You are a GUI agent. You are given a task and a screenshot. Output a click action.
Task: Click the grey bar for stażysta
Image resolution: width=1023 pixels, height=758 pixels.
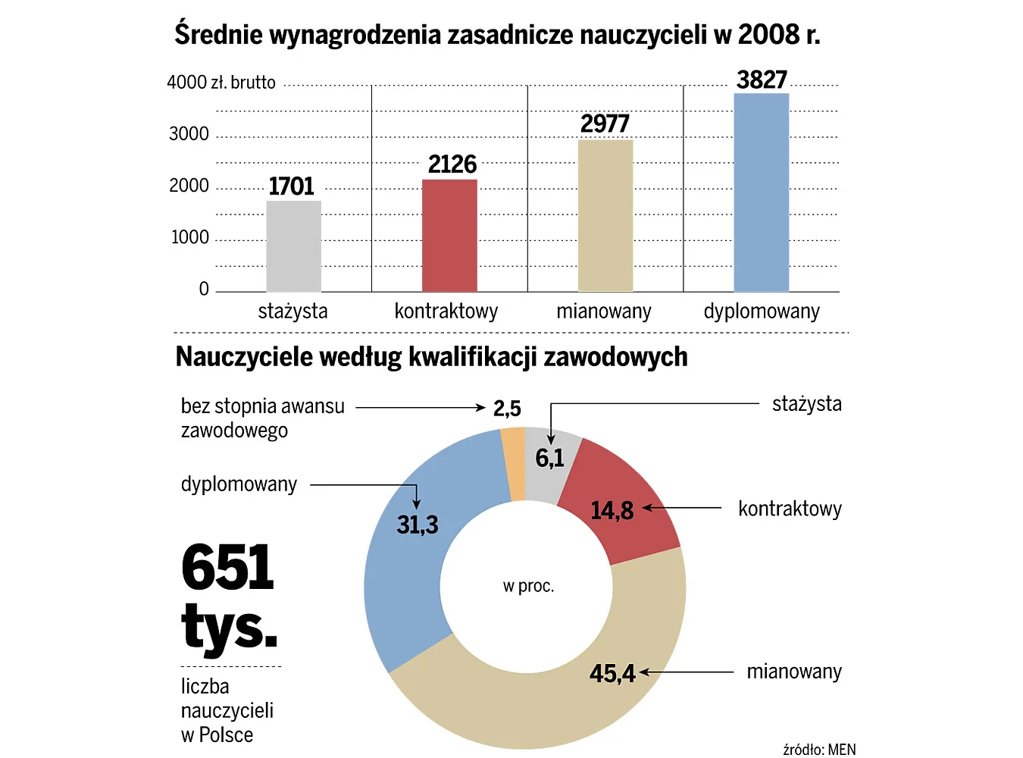point(294,246)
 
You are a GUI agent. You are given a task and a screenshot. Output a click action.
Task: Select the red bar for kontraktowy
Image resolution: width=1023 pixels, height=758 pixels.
point(449,236)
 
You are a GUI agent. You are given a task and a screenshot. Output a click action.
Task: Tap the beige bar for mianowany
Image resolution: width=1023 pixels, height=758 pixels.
point(605,216)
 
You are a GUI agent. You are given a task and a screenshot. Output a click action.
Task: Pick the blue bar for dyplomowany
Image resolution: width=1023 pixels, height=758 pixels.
point(762,193)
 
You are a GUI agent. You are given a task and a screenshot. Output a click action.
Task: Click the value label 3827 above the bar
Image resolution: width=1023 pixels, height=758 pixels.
point(762,80)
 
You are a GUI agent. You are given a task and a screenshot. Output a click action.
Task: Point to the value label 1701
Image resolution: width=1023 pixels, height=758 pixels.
point(291,186)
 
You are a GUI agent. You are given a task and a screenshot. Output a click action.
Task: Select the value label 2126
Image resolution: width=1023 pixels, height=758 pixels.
point(452,164)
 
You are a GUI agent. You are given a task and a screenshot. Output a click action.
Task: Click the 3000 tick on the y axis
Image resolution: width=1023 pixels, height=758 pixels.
point(189,134)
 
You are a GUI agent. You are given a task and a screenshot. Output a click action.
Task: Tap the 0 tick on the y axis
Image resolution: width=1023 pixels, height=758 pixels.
point(204,289)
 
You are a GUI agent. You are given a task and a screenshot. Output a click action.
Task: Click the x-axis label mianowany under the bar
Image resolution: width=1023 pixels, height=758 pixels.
point(604,312)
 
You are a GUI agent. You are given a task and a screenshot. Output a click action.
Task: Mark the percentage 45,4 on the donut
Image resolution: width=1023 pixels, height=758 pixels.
point(612,673)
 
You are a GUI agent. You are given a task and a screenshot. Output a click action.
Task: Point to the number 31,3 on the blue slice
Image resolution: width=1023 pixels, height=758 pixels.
point(418,525)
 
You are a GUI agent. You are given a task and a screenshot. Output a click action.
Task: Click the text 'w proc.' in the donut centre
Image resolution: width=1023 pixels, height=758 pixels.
point(528,586)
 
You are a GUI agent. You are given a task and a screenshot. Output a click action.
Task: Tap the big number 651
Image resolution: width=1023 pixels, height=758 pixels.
point(227,567)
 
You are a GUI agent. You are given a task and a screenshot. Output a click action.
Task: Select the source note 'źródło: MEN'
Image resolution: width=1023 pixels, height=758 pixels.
point(819,750)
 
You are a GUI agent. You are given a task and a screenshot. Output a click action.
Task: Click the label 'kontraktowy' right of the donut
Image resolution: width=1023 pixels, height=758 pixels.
point(790,509)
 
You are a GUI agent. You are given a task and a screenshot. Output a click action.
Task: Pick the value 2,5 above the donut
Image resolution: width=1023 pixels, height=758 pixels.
point(507,409)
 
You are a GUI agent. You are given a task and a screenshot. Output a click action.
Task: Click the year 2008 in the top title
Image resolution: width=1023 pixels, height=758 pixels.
point(768,34)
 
